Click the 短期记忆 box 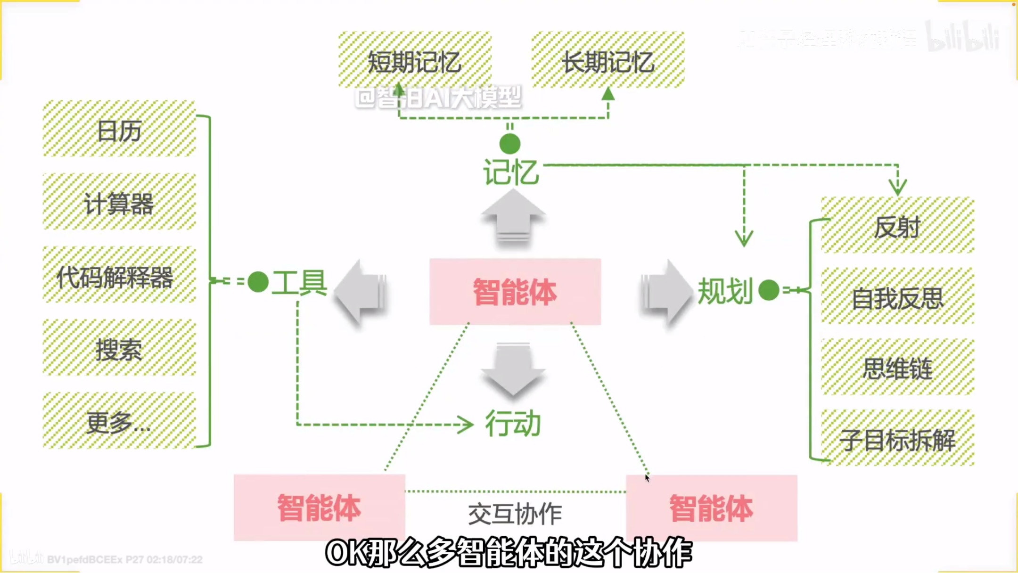click(x=415, y=60)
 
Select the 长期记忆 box click(x=608, y=60)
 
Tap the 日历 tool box click(x=119, y=129)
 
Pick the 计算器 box click(x=119, y=203)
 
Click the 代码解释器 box click(x=119, y=276)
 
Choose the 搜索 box click(x=119, y=349)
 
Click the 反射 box click(x=897, y=226)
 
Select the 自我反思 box click(x=897, y=297)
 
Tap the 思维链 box click(x=897, y=368)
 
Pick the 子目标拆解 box click(x=897, y=439)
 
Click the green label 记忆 click(x=511, y=172)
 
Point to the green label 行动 click(x=513, y=423)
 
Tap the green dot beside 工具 click(x=258, y=282)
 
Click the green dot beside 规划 click(x=769, y=290)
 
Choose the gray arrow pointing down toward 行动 click(x=513, y=369)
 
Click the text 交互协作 click(x=515, y=513)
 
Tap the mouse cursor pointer click(x=647, y=478)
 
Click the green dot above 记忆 click(x=510, y=144)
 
